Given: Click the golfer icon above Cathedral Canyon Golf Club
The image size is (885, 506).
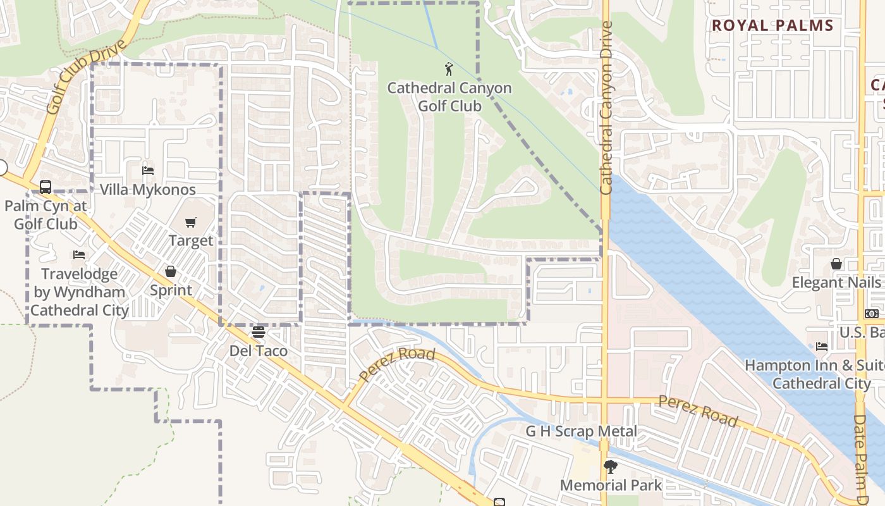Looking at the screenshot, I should pos(449,69).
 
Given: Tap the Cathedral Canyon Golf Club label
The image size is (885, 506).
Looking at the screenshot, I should pos(449,97).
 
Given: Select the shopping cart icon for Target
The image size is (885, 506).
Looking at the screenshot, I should pos(190,222).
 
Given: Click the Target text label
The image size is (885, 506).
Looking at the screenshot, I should pos(191,241).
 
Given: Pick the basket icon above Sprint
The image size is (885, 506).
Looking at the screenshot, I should pos(171,271).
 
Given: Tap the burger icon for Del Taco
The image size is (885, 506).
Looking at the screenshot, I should pos(258,331).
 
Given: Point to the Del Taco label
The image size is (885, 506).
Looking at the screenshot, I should pos(258,351).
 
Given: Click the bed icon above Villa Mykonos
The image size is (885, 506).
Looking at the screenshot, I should pos(148,170).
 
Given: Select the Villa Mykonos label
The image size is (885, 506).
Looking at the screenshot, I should pos(148,190).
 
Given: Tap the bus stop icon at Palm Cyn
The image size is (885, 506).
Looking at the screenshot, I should pos(46,187).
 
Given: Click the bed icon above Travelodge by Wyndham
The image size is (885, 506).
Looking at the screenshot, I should pos(78,255).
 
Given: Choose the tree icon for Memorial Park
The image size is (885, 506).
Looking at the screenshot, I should pos(611,467).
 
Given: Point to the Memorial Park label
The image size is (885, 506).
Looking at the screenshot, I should pos(611,486).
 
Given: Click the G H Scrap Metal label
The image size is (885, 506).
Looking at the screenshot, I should pos(582,431).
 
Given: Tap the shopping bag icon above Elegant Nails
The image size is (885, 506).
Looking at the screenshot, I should pos(836,264).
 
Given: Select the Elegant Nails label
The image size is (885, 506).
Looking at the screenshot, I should pos(836,283).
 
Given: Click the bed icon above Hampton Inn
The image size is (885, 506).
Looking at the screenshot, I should pos(821,346).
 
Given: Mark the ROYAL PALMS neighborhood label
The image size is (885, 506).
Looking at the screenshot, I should pos(772,26).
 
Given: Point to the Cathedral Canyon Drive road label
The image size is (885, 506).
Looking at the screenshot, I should pos(606,108).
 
